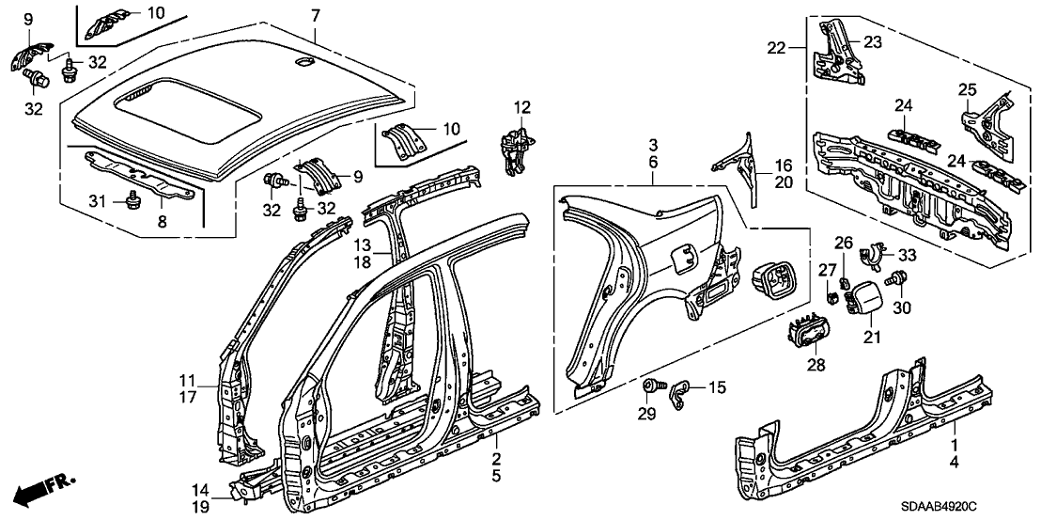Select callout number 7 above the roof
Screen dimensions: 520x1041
pyautogui.click(x=315, y=15)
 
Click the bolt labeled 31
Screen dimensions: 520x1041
pyautogui.click(x=133, y=199)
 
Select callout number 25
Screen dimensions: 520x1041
pyautogui.click(x=968, y=89)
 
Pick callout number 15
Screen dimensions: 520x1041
pyautogui.click(x=717, y=386)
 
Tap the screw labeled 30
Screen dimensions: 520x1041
pyautogui.click(x=903, y=278)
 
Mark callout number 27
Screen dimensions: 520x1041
pyautogui.click(x=826, y=270)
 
